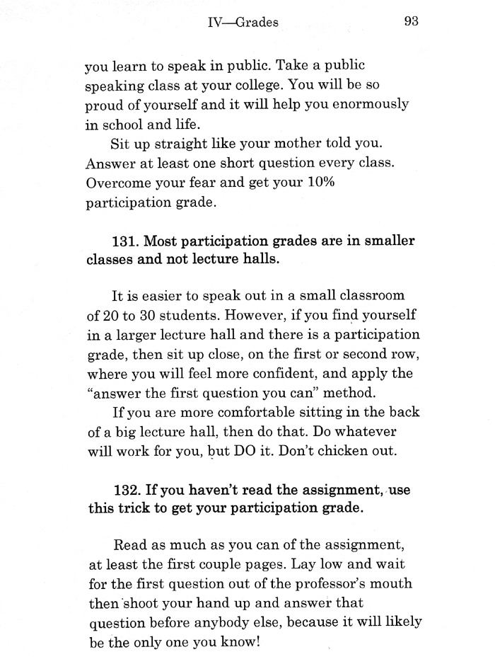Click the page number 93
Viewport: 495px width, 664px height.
(x=412, y=21)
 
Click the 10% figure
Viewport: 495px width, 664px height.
(x=317, y=183)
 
